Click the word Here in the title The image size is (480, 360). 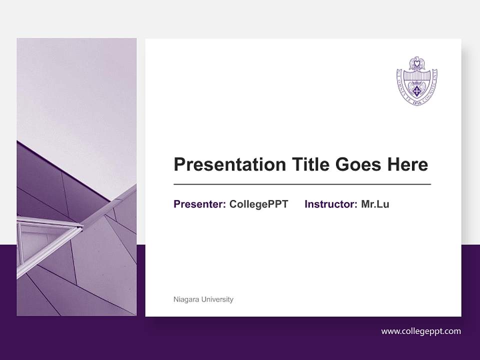click(408, 164)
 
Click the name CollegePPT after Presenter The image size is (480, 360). click(258, 204)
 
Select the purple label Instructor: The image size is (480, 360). click(330, 204)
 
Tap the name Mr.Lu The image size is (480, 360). click(375, 204)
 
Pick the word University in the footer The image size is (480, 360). click(217, 299)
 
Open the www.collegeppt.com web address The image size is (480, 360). click(421, 331)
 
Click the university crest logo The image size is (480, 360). click(417, 81)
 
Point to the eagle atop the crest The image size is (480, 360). click(417, 63)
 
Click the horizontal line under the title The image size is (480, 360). click(302, 184)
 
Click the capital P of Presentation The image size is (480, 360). click(179, 164)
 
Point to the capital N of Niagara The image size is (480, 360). click(175, 299)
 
